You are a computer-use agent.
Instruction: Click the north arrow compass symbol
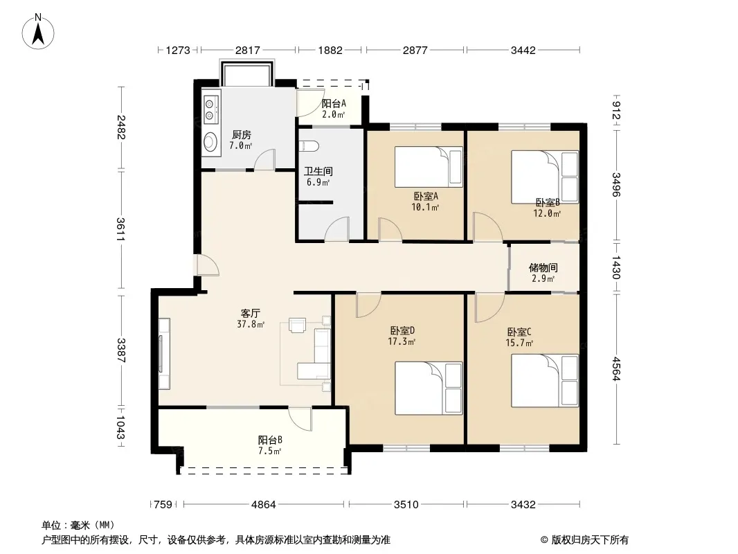(x=38, y=32)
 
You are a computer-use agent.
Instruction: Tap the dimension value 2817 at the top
(x=248, y=50)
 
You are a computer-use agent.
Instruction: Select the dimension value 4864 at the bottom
(x=264, y=505)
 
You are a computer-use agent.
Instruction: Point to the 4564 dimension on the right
(x=617, y=369)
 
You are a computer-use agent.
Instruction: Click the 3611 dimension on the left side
(x=121, y=229)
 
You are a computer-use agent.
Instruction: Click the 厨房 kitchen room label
(x=242, y=135)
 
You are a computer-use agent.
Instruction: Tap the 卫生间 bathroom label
(x=318, y=171)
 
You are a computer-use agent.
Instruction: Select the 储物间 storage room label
(x=543, y=268)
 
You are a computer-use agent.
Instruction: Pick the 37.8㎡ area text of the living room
(x=251, y=324)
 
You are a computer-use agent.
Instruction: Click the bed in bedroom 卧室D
(x=429, y=388)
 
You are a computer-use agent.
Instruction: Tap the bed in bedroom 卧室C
(x=545, y=381)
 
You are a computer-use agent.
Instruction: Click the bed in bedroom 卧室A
(x=429, y=167)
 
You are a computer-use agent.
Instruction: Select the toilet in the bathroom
(x=309, y=146)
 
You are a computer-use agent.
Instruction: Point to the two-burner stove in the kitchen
(x=211, y=109)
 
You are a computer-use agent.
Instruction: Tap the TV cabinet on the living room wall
(x=164, y=354)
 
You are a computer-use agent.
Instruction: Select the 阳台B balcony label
(x=270, y=440)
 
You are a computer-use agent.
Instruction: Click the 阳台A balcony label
(x=334, y=103)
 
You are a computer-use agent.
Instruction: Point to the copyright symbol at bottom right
(x=545, y=540)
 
